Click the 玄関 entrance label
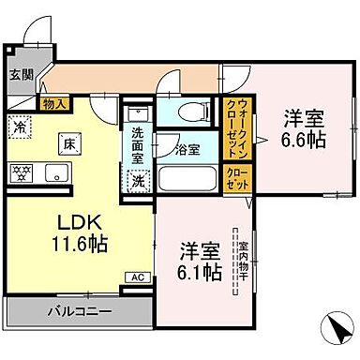coord(21,76)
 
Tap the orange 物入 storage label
coord(53,105)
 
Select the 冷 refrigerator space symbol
coord(20,125)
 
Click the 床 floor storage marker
coord(68,144)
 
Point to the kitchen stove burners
coord(22,172)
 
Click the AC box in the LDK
coord(137,277)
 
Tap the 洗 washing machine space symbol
coord(139,180)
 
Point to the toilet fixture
coord(191,112)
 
